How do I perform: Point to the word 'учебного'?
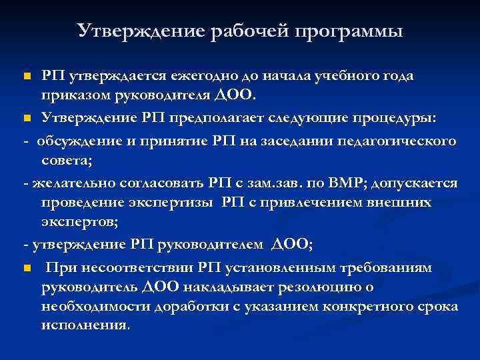[x=351, y=76]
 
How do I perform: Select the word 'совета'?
[x=67, y=160]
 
